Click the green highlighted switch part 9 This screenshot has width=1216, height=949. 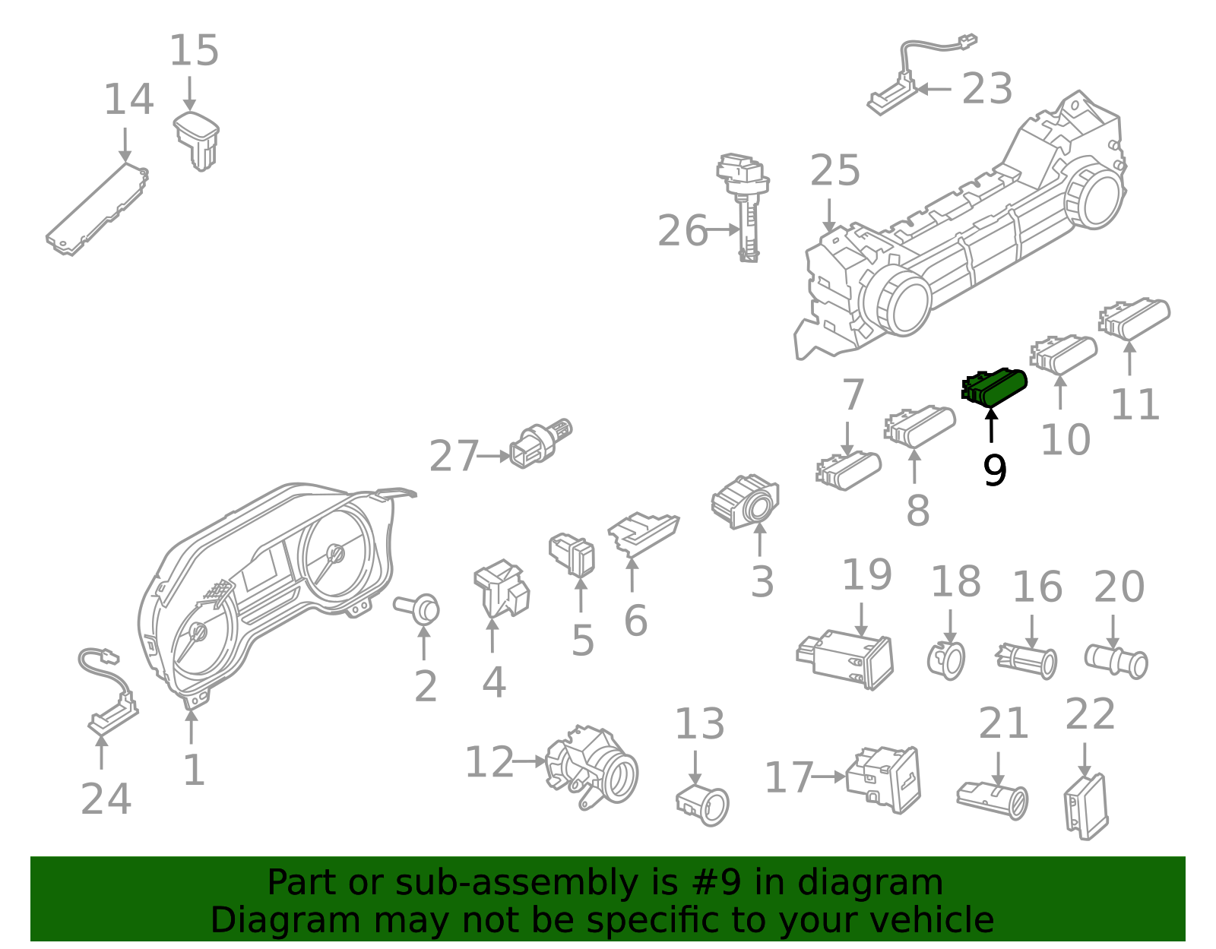(996, 387)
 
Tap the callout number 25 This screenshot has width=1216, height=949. (834, 171)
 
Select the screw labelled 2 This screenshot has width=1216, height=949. (419, 608)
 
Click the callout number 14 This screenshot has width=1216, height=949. (128, 100)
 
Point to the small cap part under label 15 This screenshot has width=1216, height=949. (198, 139)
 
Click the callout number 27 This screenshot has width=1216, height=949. (454, 457)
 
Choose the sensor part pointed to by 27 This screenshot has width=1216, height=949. (540, 442)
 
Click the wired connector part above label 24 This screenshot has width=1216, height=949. (109, 691)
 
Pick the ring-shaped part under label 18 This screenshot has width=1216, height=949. (947, 659)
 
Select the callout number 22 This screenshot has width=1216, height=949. (1090, 714)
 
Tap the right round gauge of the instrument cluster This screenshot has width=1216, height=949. (335, 554)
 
